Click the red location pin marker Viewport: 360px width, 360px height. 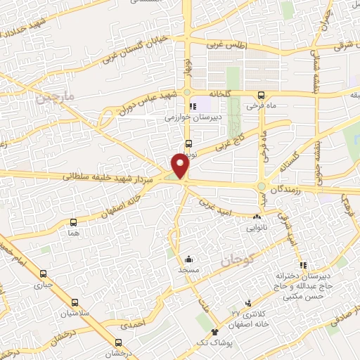pyautogui.click(x=181, y=166)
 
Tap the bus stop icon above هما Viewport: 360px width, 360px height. pyautogui.click(x=74, y=221)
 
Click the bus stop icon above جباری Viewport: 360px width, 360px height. pyautogui.click(x=44, y=274)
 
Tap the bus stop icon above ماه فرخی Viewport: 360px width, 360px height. pyautogui.click(x=261, y=95)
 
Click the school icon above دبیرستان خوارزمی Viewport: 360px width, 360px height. pyautogui.click(x=184, y=107)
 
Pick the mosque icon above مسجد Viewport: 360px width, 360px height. pyautogui.click(x=188, y=258)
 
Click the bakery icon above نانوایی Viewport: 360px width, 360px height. pyautogui.click(x=256, y=217)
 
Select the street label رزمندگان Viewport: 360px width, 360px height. pyautogui.click(x=289, y=186)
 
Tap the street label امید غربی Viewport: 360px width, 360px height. pyautogui.click(x=213, y=203)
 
